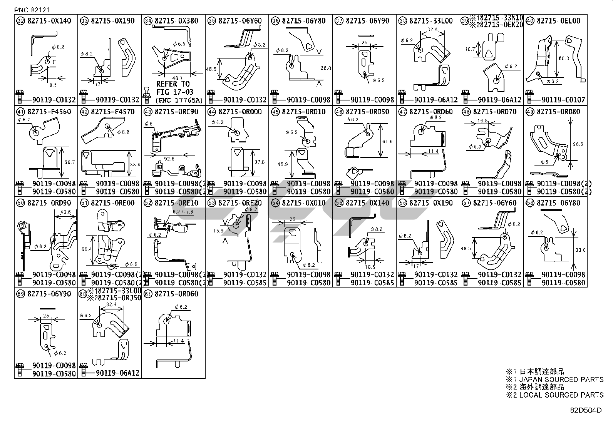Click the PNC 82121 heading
click(32, 10)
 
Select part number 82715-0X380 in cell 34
click(176, 21)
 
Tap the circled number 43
click(148, 112)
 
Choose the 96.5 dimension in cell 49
click(578, 144)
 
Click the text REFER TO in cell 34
click(173, 84)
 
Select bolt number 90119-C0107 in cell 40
click(563, 100)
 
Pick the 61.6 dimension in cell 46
click(387, 142)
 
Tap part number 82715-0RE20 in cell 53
click(240, 203)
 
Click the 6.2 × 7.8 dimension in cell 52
click(183, 212)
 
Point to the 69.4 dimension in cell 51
click(87, 249)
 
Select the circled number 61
click(148, 294)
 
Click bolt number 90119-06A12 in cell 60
click(117, 373)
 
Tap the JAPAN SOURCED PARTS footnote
click(561, 380)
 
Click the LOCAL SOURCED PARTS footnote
click(561, 395)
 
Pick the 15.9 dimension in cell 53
click(218, 231)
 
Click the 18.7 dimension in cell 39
click(469, 49)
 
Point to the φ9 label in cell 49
click(545, 162)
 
